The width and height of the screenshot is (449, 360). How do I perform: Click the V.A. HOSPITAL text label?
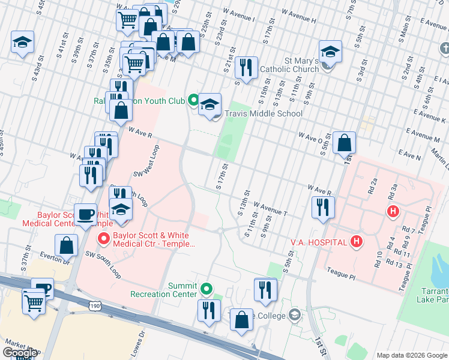319,242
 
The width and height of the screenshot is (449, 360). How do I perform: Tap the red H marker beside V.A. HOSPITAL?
357,242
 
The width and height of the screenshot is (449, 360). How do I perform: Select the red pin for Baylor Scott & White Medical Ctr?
103,239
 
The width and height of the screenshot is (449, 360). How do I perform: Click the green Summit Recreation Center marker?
207,289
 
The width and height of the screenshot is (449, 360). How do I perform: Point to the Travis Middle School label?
264,113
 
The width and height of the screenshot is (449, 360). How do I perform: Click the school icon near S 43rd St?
22,42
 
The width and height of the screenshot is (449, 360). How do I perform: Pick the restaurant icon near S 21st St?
246,68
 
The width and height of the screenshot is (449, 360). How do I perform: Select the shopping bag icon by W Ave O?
344,143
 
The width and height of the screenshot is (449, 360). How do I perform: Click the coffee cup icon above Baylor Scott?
86,214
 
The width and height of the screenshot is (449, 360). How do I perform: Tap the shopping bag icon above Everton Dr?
66,245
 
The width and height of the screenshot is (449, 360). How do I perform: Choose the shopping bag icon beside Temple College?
241,320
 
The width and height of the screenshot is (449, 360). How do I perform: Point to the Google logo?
19,353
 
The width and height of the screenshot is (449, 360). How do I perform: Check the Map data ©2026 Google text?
412,355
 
